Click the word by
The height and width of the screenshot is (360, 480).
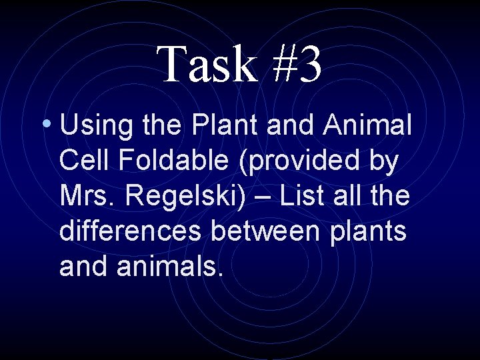click(384, 161)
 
